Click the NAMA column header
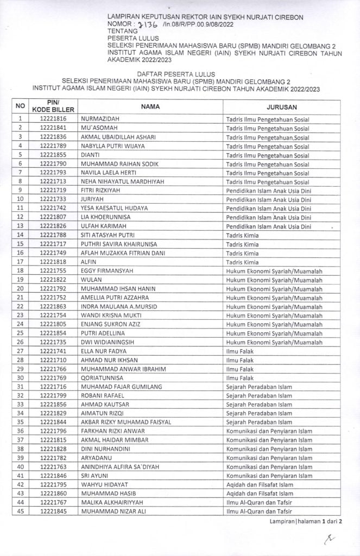pyautogui.click(x=150, y=106)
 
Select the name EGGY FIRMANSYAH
pyautogui.click(x=106, y=270)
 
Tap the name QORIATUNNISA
pyautogui.click(x=102, y=377)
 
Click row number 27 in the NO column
pyautogui.click(x=20, y=351)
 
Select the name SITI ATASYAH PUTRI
pyautogui.click(x=109, y=235)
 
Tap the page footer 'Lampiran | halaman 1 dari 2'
pyautogui.click(x=306, y=521)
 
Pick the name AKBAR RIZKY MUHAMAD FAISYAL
pyautogui.click(x=125, y=422)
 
